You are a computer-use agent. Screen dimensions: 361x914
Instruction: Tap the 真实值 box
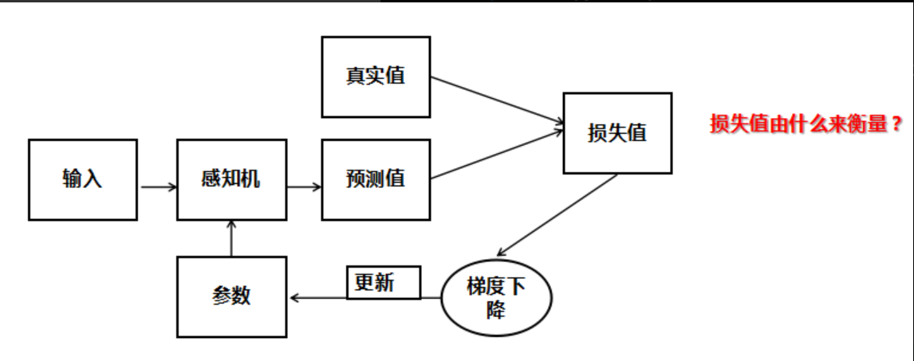point(376,77)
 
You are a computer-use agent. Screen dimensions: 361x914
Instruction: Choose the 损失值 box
point(617,133)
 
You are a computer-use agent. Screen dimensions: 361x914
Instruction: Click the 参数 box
point(231,296)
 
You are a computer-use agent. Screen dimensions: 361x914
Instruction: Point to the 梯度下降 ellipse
point(497,298)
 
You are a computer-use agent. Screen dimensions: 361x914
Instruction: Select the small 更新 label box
point(384,283)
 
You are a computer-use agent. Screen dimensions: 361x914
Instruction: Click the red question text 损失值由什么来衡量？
point(806,125)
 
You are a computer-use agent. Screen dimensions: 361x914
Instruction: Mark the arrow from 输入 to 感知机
point(159,188)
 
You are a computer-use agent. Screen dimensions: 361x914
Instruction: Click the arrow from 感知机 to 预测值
point(305,188)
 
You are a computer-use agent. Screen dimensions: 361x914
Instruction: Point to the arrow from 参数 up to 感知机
point(231,238)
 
